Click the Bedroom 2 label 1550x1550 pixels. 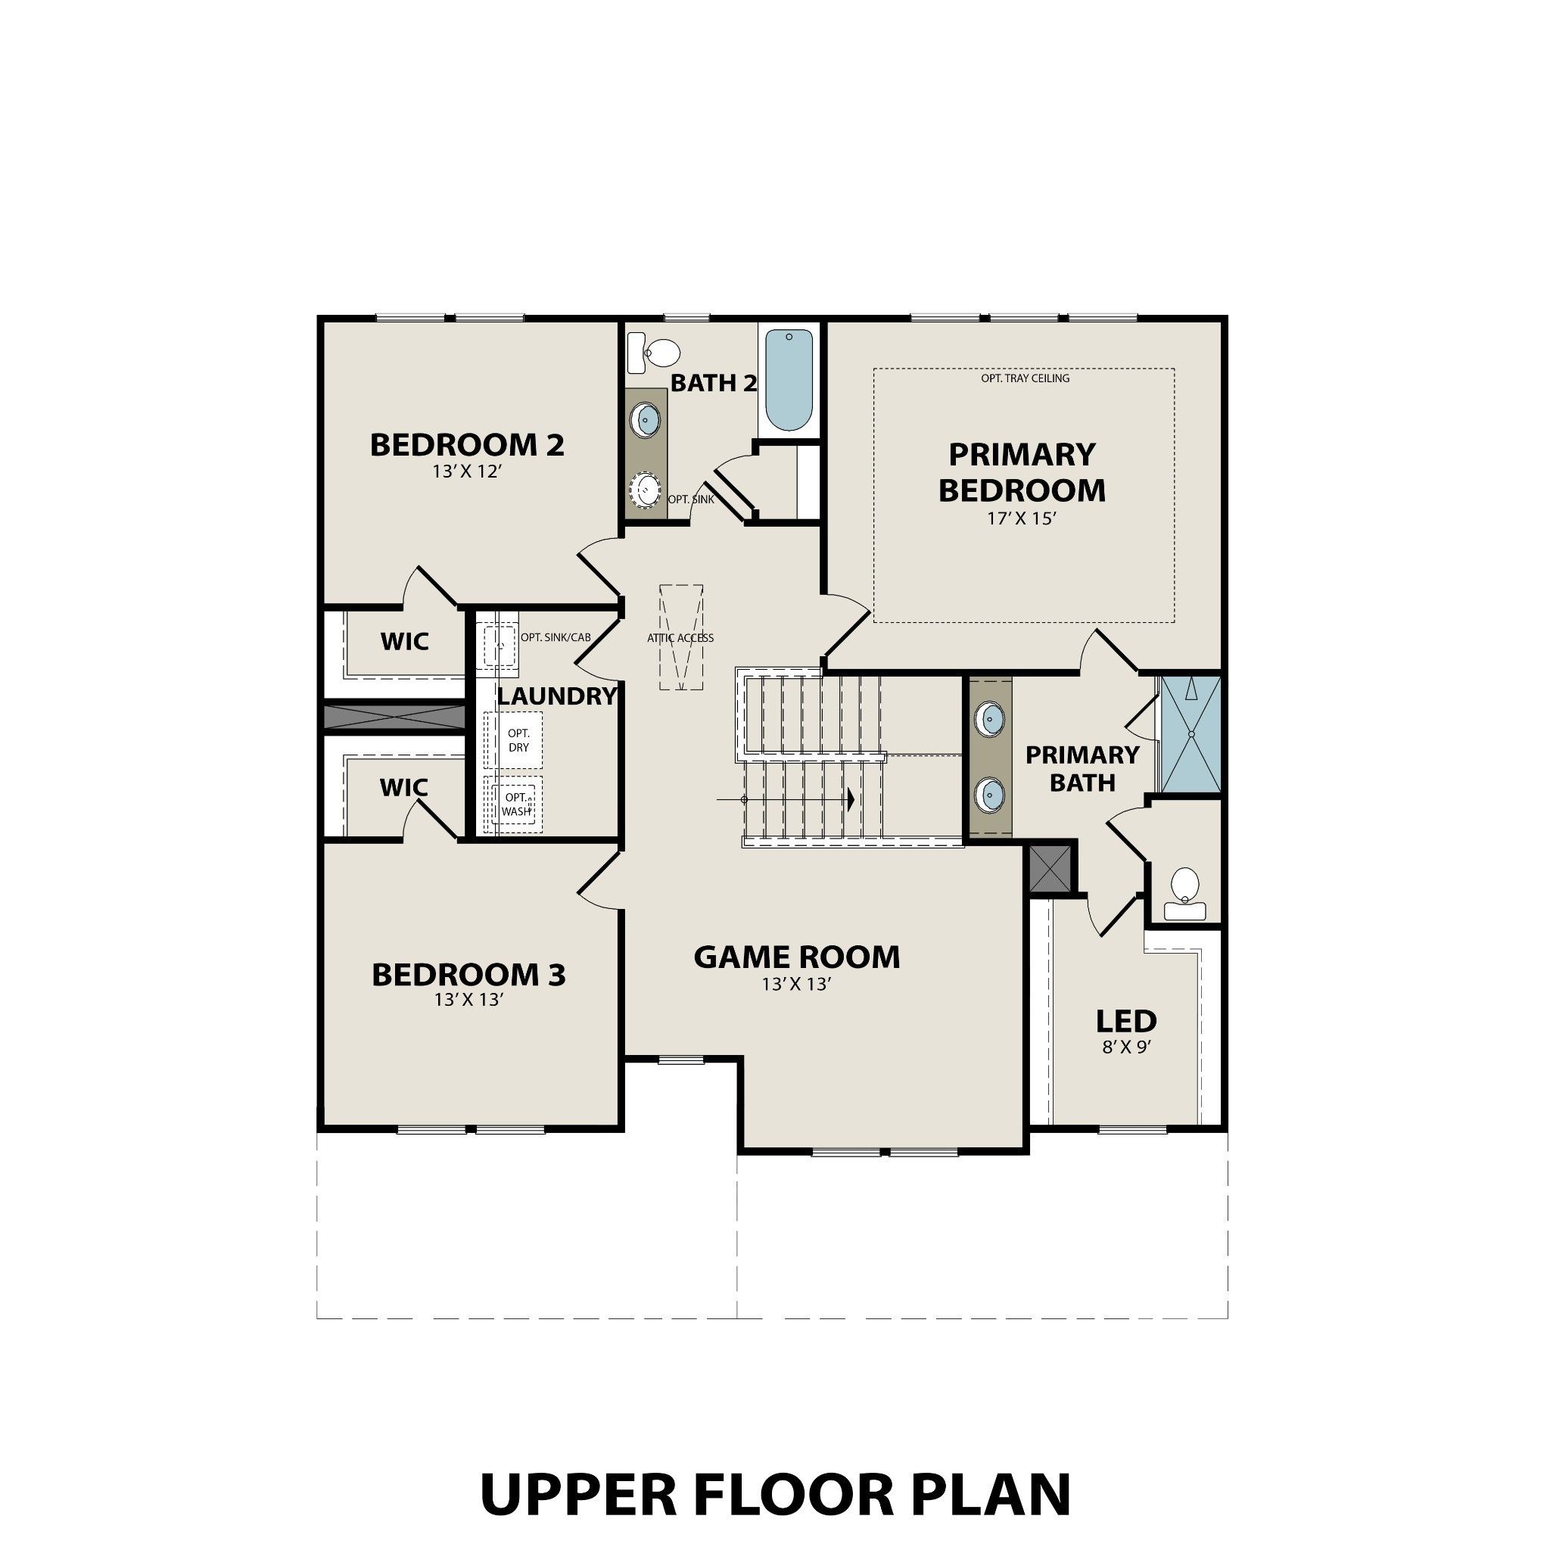point(467,444)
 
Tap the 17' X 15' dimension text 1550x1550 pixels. point(1020,519)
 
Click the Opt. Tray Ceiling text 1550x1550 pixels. point(1025,378)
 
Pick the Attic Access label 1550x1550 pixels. point(680,638)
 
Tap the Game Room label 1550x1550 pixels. point(797,957)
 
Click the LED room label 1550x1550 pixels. point(1126,1021)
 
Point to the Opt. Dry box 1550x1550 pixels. point(518,739)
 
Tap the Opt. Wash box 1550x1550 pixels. point(516,804)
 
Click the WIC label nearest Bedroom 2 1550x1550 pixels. point(404,642)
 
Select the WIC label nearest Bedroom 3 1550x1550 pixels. point(403,788)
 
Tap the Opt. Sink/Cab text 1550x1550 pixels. point(556,638)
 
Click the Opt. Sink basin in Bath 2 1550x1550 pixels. point(645,490)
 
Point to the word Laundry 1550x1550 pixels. point(557,696)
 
